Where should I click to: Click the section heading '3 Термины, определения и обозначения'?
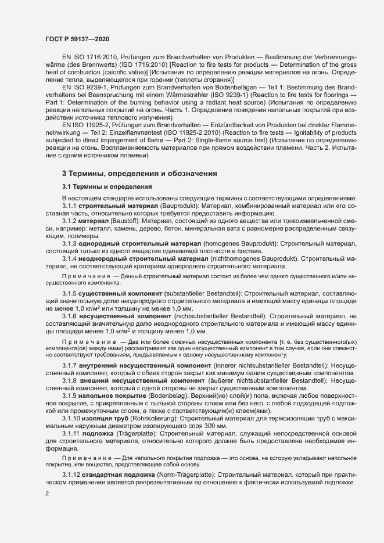click(x=139, y=174)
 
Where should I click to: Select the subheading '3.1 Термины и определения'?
click(x=107, y=187)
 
